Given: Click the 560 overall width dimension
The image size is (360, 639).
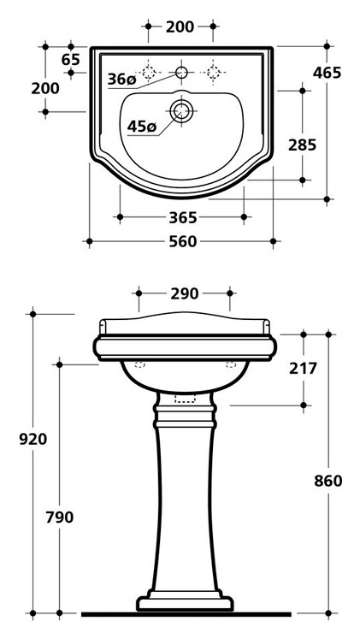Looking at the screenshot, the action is [182, 242].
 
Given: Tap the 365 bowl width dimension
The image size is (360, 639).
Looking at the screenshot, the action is [182, 217].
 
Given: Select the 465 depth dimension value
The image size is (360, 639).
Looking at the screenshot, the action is [327, 73].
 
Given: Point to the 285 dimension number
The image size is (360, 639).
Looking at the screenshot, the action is [302, 145].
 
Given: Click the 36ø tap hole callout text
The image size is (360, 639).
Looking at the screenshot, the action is [121, 79].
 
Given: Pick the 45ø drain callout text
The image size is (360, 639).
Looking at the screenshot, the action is [141, 127].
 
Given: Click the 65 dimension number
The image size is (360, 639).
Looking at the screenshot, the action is [71, 60].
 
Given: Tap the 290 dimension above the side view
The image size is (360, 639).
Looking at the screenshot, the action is [184, 293].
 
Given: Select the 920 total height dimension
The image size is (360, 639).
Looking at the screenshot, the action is [33, 440].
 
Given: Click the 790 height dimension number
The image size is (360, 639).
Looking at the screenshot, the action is [60, 518].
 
